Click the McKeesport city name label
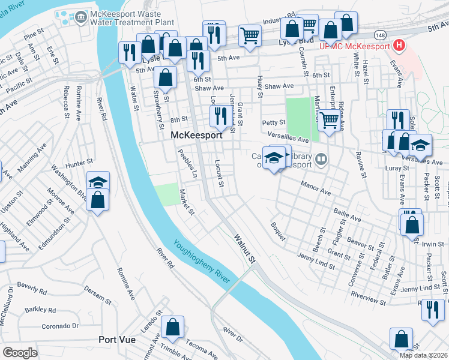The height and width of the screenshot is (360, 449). [196, 136]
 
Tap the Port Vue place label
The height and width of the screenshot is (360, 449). [118, 340]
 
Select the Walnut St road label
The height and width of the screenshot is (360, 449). [245, 248]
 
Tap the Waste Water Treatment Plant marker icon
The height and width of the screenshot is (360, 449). [79, 19]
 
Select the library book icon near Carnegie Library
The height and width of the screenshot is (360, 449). [322, 159]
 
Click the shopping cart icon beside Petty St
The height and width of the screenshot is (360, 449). [328, 119]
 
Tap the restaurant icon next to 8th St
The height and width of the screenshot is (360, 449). [220, 114]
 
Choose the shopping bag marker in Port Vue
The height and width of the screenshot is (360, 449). [172, 327]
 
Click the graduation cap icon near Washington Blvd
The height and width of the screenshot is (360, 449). [98, 182]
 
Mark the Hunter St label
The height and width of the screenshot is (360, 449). [80, 161]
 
